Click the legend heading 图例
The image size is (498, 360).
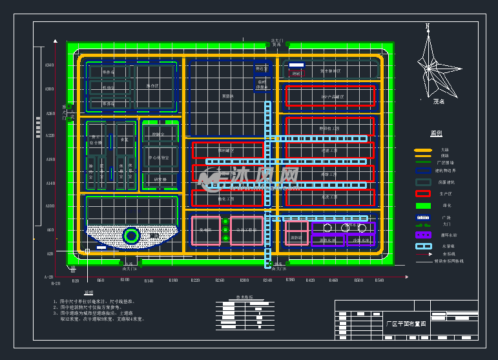(436, 133)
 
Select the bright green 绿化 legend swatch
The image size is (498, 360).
(422, 205)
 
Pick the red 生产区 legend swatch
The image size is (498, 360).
(422, 193)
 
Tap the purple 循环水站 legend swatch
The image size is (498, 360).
(422, 235)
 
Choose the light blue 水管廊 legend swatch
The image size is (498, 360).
(422, 246)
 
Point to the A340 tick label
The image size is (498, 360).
(50, 66)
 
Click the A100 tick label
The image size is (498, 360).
(50, 206)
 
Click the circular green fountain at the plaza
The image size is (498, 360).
(131, 236)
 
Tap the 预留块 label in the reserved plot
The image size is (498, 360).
(227, 96)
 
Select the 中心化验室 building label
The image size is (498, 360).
(159, 157)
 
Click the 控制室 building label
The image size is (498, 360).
(158, 134)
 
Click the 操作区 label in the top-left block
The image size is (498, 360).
(152, 86)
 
